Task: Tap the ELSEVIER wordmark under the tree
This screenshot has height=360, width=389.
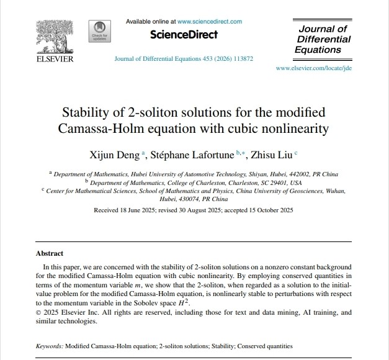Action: pyautogui.click(x=55, y=59)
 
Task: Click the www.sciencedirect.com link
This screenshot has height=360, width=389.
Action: pyautogui.click(x=210, y=21)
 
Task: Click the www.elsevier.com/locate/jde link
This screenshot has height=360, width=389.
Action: pyautogui.click(x=314, y=68)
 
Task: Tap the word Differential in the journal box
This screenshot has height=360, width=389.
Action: pyautogui.click(x=323, y=39)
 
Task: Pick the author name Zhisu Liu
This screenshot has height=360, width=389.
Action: pyautogui.click(x=273, y=154)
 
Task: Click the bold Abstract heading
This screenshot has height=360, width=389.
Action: pyautogui.click(x=50, y=253)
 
